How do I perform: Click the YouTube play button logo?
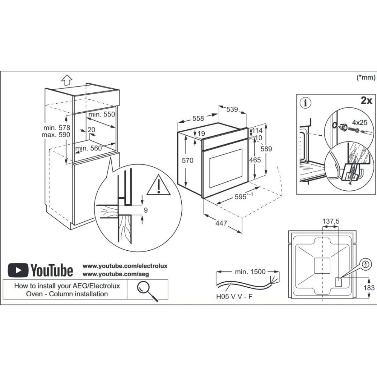(x=18, y=270)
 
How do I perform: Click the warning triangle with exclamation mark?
(x=159, y=185)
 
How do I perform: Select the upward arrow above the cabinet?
(x=67, y=80)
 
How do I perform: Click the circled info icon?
(x=306, y=103)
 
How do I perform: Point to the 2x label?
(x=366, y=101)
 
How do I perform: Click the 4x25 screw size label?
(x=360, y=123)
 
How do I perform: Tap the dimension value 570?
(x=187, y=160)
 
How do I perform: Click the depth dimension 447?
(x=221, y=223)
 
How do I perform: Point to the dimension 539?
(x=232, y=109)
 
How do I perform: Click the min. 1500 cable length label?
(x=250, y=272)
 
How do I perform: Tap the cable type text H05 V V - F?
(x=234, y=296)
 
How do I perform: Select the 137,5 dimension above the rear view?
(x=331, y=221)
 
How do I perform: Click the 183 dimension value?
(x=369, y=288)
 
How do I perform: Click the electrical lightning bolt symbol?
(x=366, y=265)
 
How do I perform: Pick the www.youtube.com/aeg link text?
(x=116, y=274)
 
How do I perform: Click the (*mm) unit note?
(x=366, y=77)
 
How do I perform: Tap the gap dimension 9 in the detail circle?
(x=146, y=210)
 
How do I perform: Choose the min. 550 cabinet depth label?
(x=102, y=115)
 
